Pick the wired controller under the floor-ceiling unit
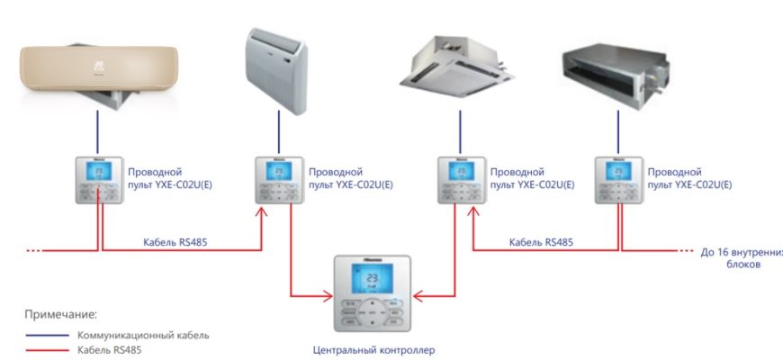point(276,180)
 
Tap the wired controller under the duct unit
point(618,180)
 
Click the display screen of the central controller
point(370,281)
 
